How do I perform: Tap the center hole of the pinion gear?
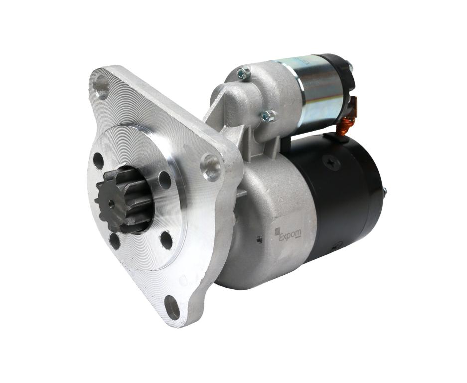111,203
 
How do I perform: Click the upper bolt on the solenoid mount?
243,74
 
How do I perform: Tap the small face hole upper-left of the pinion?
98,161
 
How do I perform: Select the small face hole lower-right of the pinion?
166,240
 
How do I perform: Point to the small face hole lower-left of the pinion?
115,241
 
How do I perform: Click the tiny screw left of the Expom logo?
259,239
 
